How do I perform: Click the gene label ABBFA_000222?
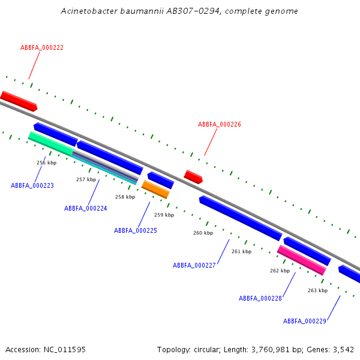click(42, 47)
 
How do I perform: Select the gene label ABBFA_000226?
click(220, 124)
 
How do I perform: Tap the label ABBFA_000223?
click(32, 185)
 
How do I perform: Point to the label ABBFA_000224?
click(86, 208)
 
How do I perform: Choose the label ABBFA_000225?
click(136, 230)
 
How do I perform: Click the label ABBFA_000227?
click(194, 265)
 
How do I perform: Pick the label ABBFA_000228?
click(260, 298)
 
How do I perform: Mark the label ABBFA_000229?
click(305, 321)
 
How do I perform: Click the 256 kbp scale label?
click(46, 163)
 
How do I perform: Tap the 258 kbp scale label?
click(125, 197)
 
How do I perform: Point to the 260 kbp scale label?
click(203, 232)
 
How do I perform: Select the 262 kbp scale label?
click(280, 271)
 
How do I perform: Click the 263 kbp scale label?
click(317, 290)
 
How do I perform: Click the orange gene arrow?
click(155, 189)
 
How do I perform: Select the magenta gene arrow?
click(301, 260)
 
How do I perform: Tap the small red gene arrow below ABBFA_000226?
click(193, 176)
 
